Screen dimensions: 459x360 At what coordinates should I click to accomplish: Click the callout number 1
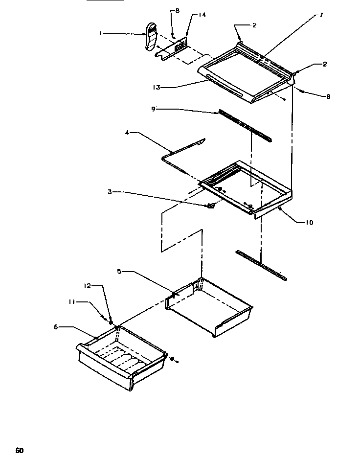click(101, 33)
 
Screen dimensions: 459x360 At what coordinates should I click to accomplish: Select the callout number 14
click(202, 15)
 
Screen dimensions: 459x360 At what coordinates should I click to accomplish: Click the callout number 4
click(128, 133)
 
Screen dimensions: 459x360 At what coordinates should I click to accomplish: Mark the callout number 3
click(109, 192)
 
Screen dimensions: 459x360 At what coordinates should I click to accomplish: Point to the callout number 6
click(57, 327)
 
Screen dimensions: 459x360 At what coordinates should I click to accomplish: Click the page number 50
click(20, 450)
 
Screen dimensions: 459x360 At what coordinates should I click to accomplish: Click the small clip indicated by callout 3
click(211, 206)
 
